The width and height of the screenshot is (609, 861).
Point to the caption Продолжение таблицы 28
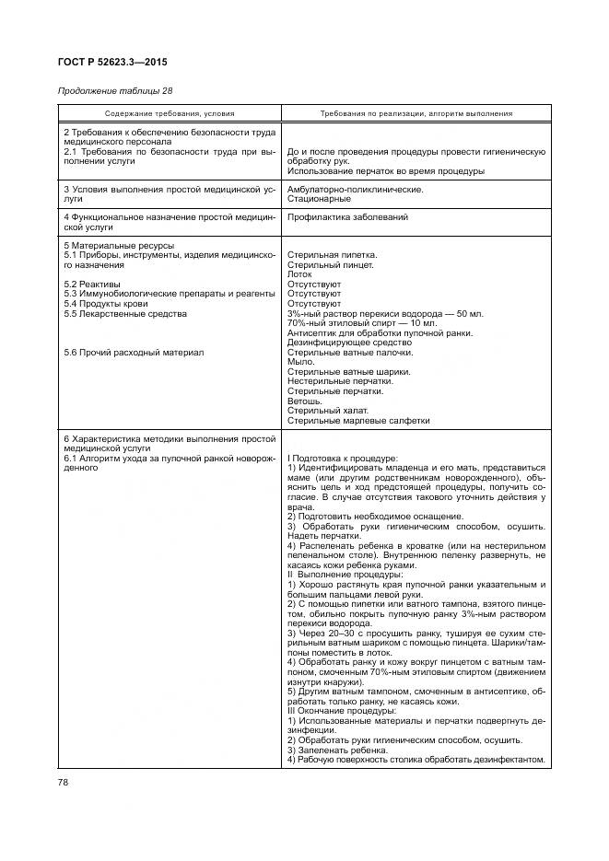click(115, 91)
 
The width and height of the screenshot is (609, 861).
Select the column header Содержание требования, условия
click(169, 113)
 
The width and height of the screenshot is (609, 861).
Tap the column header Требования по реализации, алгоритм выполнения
click(416, 113)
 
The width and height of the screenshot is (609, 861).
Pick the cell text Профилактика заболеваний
click(347, 217)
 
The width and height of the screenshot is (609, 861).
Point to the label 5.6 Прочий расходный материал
click(134, 352)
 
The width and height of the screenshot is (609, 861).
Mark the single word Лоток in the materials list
click(300, 274)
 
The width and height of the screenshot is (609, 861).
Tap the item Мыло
click(301, 362)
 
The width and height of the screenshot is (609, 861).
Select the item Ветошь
click(305, 401)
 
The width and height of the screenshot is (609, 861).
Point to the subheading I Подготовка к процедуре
click(343, 458)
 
